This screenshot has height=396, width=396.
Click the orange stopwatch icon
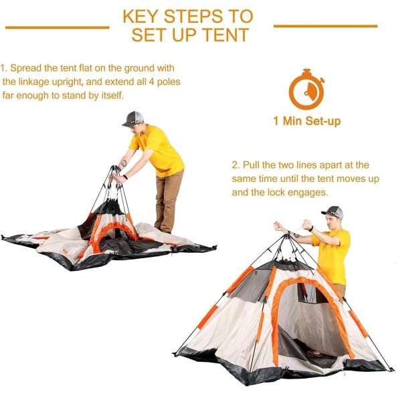[x=307, y=89]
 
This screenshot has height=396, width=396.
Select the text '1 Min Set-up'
[x=307, y=121]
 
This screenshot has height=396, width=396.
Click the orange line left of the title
[x=58, y=27]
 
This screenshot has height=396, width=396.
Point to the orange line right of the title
[x=326, y=26]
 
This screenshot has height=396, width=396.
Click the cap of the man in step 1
[x=133, y=118]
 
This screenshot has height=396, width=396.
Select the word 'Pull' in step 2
[x=251, y=165]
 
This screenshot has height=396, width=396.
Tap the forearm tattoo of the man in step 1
[x=124, y=163]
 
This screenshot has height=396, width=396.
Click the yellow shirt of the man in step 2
[x=332, y=255]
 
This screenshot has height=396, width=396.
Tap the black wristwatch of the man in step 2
[x=312, y=229]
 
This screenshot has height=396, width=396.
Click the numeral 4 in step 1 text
[x=151, y=82]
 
